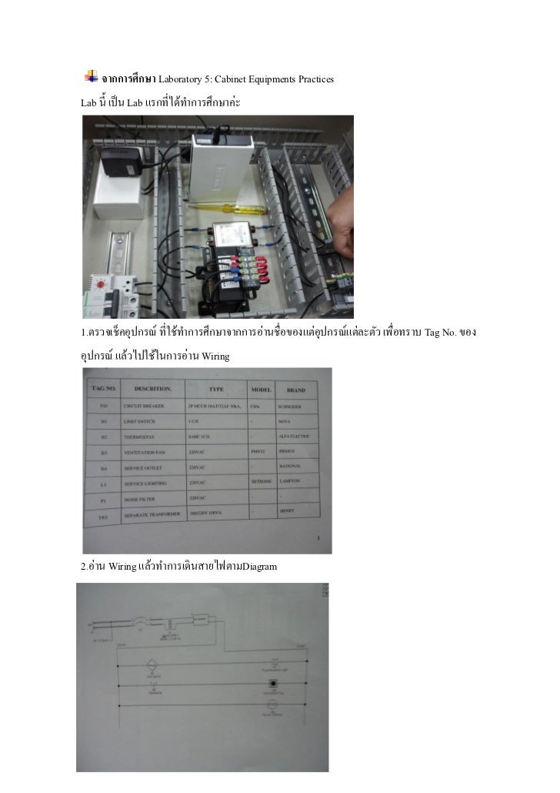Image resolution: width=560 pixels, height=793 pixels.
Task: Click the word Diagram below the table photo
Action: pos(259,568)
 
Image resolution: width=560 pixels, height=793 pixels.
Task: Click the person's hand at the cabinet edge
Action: pos(342,231)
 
